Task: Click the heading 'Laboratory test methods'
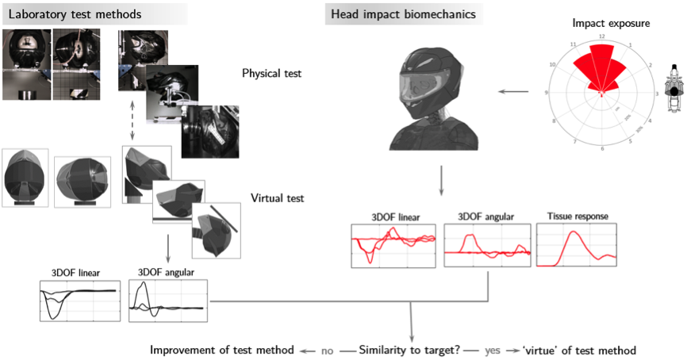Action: point(75,13)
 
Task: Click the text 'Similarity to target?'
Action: point(414,350)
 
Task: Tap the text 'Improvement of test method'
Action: point(223,350)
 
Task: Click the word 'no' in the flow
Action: point(327,350)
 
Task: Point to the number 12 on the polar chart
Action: point(602,36)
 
